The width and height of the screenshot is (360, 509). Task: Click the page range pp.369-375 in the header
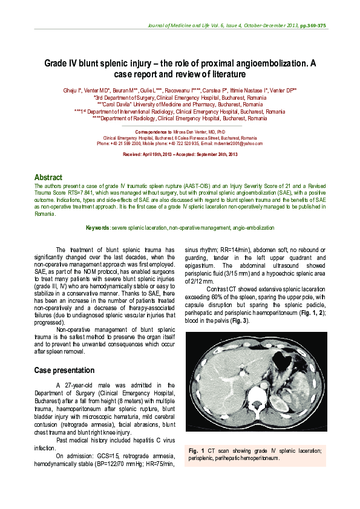pos(313,26)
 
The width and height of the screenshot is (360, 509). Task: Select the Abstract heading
pos(48,177)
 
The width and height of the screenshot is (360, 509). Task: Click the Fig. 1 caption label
pos(197,451)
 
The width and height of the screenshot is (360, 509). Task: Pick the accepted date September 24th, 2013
pos(217,155)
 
